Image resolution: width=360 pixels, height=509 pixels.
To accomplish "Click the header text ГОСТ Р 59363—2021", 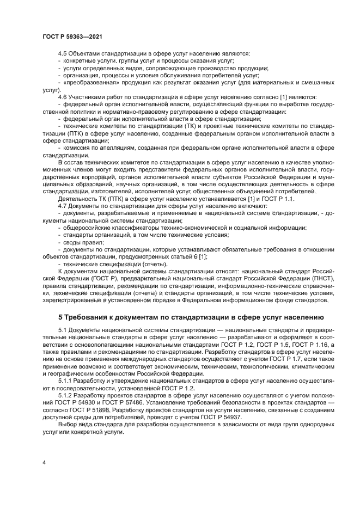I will point(72,36).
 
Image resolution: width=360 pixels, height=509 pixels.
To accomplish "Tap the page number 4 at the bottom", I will point(44,463).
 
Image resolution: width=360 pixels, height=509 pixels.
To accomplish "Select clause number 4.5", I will point(63,53).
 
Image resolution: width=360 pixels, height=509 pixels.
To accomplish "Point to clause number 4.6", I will point(63,96).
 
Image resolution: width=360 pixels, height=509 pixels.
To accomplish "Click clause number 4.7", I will point(63,206).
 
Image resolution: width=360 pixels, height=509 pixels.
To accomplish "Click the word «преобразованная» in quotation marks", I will point(89,82).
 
